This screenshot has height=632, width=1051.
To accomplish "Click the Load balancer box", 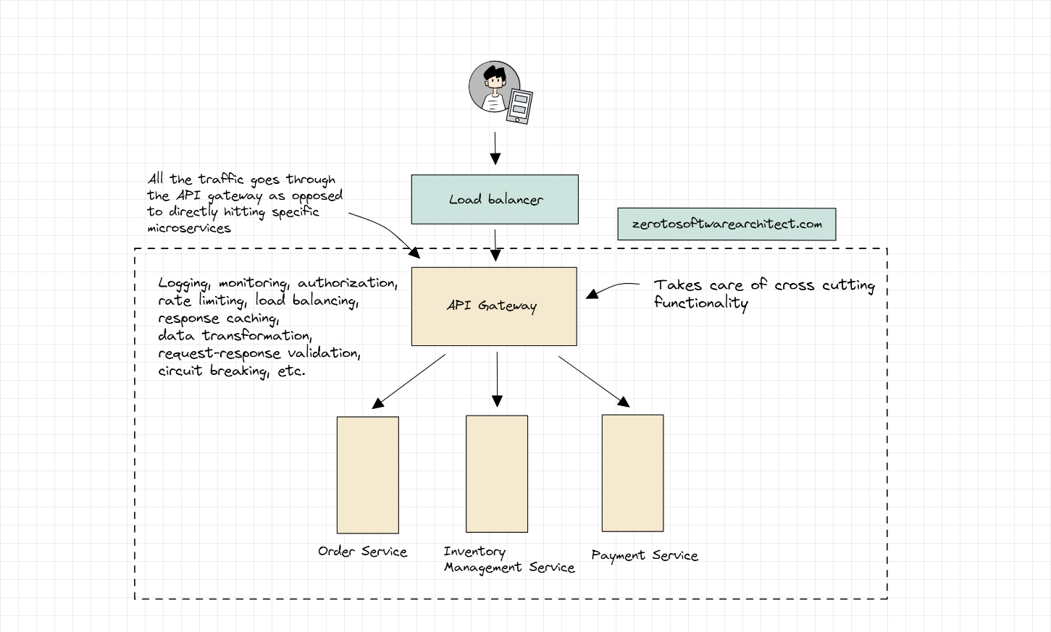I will point(495,199).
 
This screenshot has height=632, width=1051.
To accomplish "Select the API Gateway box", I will point(494,306).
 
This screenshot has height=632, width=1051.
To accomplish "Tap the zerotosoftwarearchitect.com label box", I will point(727,224).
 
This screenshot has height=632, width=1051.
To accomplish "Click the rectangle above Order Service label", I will point(367,475).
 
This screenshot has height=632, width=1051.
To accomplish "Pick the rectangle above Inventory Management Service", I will point(496,473).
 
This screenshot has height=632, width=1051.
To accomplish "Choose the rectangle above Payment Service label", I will point(632,473).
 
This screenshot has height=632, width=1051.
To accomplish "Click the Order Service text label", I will point(362,552).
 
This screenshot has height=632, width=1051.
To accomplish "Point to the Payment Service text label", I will point(644,555).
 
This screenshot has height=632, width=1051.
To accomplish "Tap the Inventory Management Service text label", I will point(508,560).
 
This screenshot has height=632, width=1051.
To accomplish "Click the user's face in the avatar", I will point(495,80).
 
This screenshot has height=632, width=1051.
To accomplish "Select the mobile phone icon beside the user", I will point(519,106).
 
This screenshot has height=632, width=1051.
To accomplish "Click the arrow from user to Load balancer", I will point(495,148).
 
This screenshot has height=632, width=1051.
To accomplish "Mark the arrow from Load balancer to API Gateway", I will point(495,245).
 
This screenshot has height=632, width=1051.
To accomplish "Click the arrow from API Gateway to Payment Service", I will point(593,381).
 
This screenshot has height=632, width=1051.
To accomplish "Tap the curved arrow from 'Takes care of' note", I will point(612,287).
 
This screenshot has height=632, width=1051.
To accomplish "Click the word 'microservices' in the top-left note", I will point(189,228).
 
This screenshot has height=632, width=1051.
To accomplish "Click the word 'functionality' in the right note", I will point(700,303).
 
